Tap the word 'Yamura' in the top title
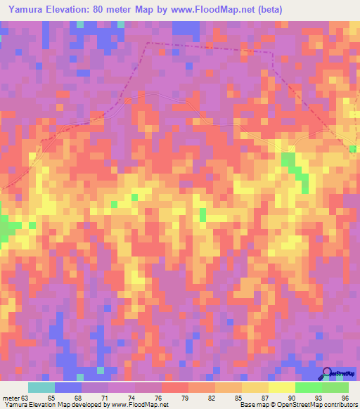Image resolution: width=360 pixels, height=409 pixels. pyautogui.click(x=24, y=10)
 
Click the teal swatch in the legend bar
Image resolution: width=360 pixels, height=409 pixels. pyautogui.click(x=41, y=387)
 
